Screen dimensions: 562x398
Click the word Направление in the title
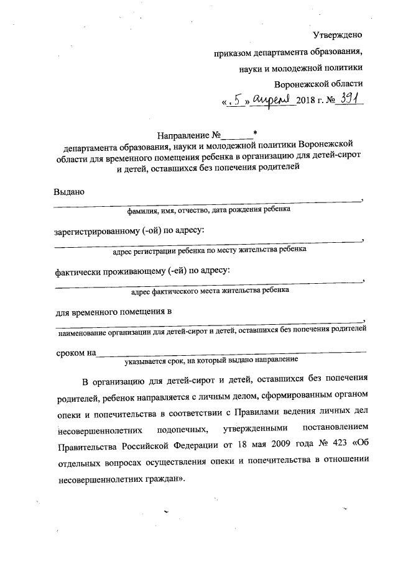point(183,134)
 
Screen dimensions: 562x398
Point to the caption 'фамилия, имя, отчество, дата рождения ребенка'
point(208,210)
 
